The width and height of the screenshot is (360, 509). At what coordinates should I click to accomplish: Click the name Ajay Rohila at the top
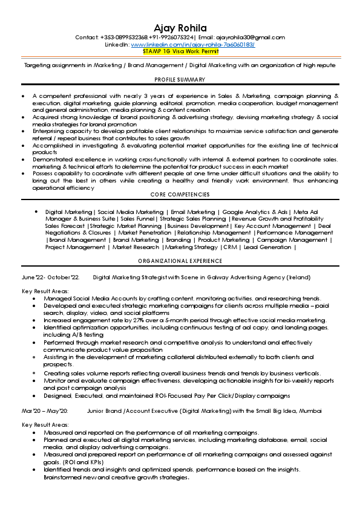pyautogui.click(x=180, y=28)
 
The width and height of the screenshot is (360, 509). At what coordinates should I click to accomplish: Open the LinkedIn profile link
pyautogui.click(x=192, y=45)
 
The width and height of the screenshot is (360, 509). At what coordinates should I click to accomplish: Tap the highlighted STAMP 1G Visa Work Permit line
pyautogui.click(x=180, y=52)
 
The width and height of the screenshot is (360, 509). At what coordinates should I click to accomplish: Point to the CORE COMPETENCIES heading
pyautogui.click(x=180, y=195)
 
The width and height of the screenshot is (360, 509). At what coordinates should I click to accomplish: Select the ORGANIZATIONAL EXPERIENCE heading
pyautogui.click(x=180, y=261)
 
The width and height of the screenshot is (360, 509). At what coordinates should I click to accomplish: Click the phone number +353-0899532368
pyautogui.click(x=120, y=37)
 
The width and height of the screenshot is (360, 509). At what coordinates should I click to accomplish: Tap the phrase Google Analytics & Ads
pyautogui.click(x=255, y=212)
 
